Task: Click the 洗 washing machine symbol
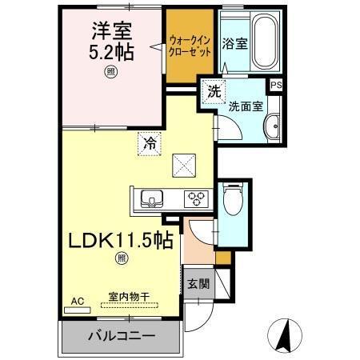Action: pos(214,91)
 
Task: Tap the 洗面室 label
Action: pos(245,105)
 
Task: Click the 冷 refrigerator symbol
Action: pos(150,144)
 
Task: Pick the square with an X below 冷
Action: pos(186,164)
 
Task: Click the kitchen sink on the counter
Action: pos(152,198)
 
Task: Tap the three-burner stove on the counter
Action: pos(195,198)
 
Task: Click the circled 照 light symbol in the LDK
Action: pos(121,258)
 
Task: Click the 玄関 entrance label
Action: pos(198,284)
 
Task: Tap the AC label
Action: pos(78,301)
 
